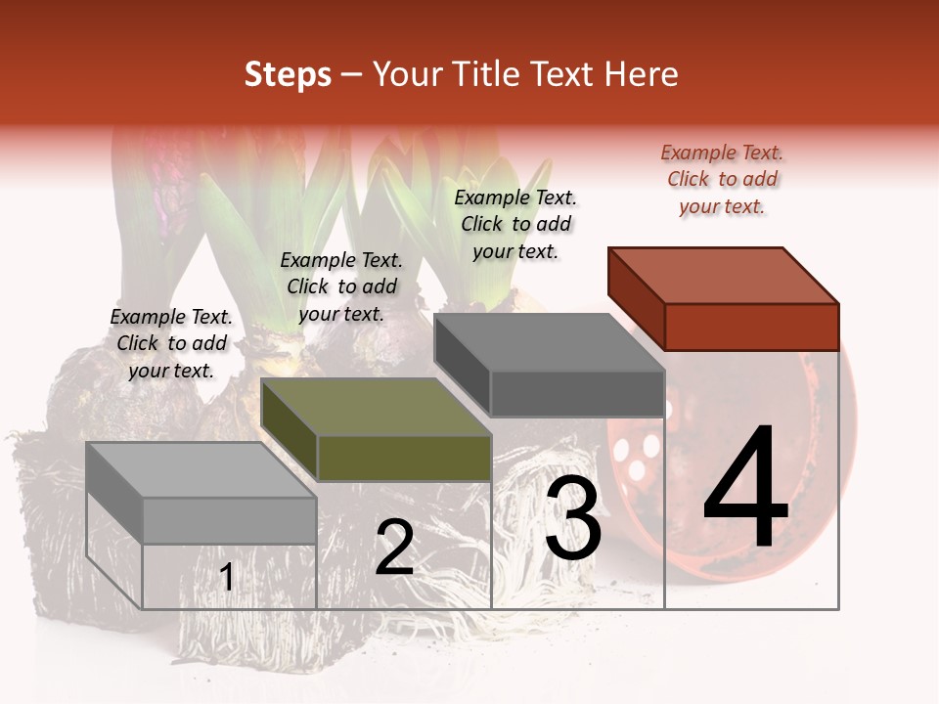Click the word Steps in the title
coord(287,74)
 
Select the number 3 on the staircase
coord(573,520)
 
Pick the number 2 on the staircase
coord(395,549)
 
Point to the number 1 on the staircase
coord(227,578)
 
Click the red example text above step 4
coord(722,180)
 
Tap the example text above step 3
coord(515,224)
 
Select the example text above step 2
coord(341,286)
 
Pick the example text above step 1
coord(171,343)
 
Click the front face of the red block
coord(751,327)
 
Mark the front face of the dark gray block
coord(577,393)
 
